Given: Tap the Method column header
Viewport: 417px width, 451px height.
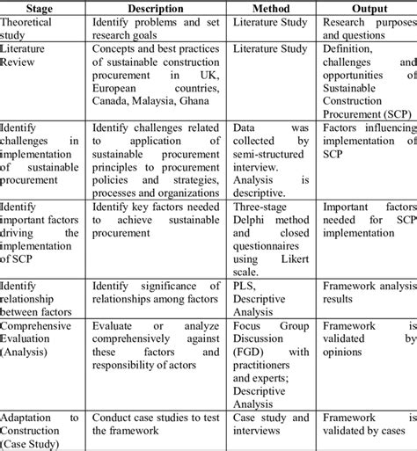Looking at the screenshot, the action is (x=270, y=9).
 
